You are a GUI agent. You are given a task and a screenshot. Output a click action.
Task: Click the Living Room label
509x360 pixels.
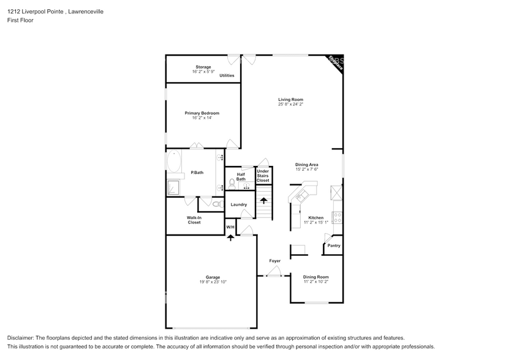(290, 99)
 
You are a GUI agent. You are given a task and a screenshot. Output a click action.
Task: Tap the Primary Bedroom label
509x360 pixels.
(202, 113)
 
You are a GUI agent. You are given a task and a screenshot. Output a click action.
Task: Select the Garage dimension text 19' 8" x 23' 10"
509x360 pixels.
(213, 282)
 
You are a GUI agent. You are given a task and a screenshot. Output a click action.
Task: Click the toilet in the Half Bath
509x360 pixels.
(232, 182)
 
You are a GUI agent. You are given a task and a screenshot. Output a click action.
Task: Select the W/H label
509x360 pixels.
(230, 227)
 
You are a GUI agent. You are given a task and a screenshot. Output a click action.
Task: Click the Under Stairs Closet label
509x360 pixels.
(263, 176)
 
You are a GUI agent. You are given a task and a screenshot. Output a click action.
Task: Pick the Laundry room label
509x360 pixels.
(239, 204)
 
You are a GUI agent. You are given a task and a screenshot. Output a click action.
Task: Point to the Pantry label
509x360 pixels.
(334, 246)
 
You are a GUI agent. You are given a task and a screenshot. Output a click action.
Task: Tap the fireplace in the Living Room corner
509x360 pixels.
(334, 62)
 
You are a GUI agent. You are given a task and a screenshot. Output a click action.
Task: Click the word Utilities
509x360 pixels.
(227, 75)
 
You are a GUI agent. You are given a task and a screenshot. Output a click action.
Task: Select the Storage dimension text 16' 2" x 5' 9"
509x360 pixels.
(203, 72)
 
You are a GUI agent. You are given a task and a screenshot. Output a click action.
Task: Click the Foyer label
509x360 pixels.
(275, 261)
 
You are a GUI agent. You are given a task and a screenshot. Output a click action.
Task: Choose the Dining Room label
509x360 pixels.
(316, 277)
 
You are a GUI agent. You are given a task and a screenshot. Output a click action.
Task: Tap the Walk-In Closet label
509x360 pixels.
(194, 220)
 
